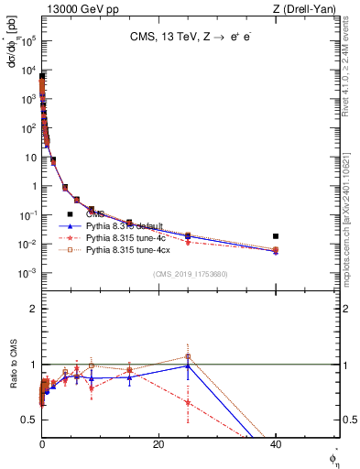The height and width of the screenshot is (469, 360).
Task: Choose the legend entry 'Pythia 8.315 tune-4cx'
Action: pyautogui.click(x=131, y=248)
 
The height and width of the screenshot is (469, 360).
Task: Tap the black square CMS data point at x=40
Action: pyautogui.click(x=276, y=236)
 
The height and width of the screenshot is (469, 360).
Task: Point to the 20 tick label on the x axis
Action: pyautogui.click(x=158, y=444)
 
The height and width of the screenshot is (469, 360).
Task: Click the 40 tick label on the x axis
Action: pyautogui.click(x=276, y=444)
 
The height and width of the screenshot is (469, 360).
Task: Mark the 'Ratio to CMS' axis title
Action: pyautogui.click(x=14, y=385)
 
